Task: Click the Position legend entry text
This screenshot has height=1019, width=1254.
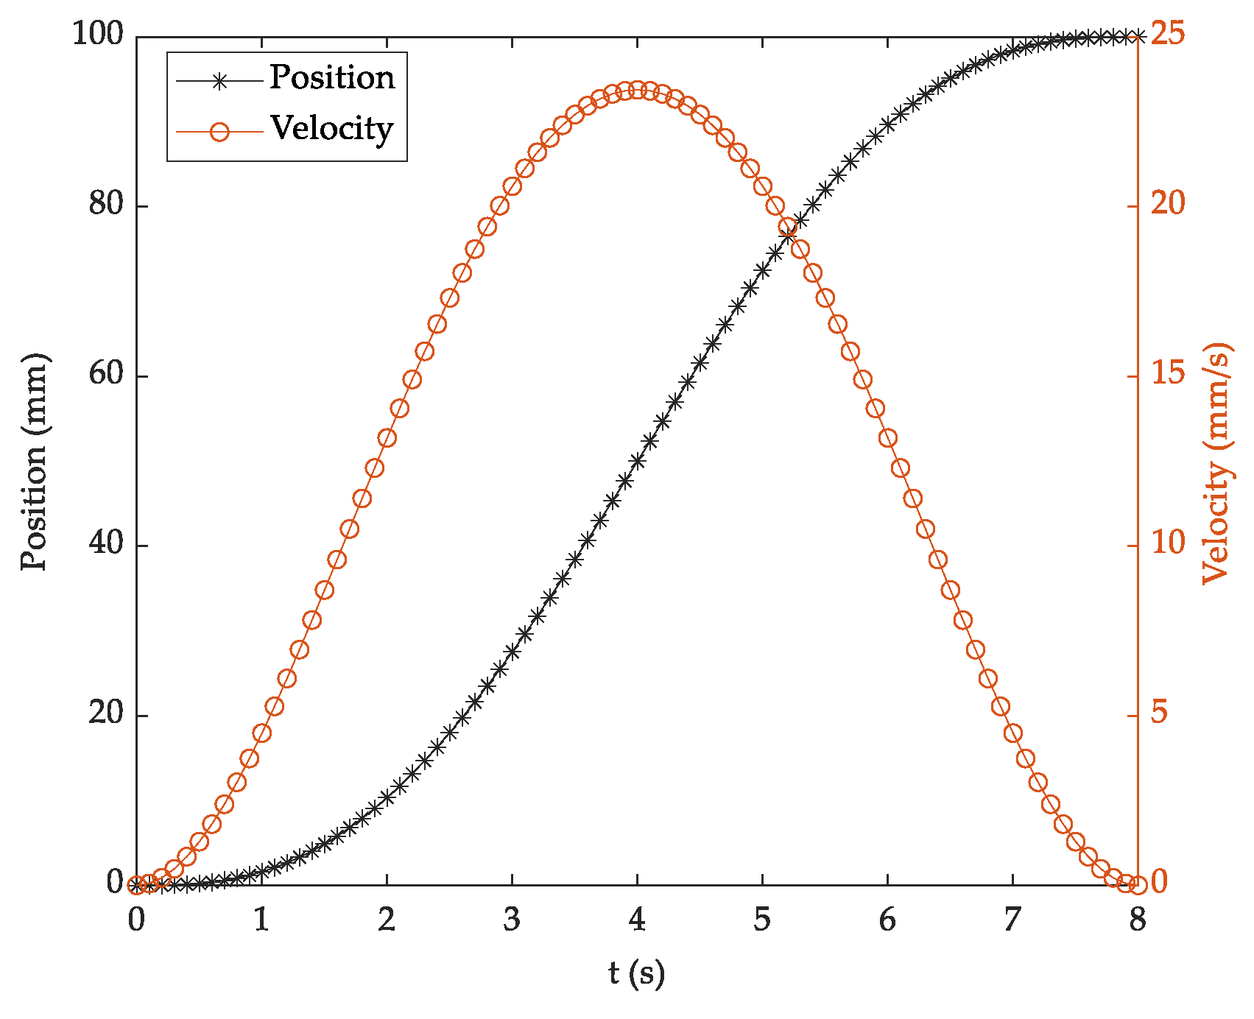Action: click(331, 78)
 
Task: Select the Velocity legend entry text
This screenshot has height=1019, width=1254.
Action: click(331, 129)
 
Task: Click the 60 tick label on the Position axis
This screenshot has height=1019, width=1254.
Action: click(105, 375)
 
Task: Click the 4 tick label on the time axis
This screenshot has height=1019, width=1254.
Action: click(637, 920)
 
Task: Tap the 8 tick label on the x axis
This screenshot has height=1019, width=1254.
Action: click(1138, 920)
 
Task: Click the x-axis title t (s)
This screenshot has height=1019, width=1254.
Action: click(637, 973)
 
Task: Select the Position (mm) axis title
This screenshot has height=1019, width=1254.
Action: click(33, 461)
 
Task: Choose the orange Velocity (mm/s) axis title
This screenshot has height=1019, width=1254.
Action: click(1216, 464)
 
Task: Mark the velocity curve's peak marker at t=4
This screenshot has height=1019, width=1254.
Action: click(637, 91)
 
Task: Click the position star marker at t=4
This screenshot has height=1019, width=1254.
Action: click(637, 461)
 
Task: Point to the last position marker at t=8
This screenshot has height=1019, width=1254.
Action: click(1138, 37)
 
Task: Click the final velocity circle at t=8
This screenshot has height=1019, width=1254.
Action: click(1138, 884)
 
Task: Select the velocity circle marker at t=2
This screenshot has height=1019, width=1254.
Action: click(387, 438)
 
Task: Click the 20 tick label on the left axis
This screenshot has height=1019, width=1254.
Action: click(105, 714)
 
